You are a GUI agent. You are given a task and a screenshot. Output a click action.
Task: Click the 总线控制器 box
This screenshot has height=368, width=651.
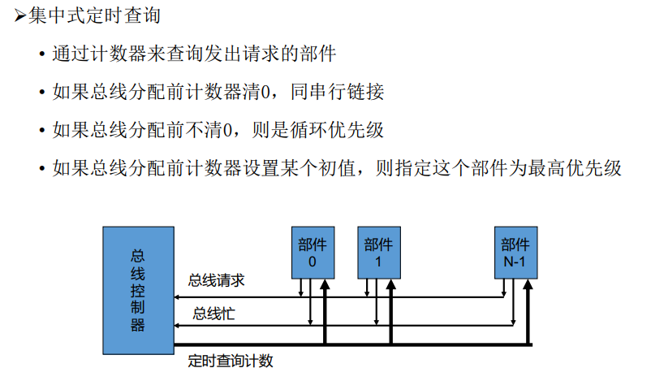(x=138, y=288)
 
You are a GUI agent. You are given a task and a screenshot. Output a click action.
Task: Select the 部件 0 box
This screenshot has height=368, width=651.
(x=313, y=251)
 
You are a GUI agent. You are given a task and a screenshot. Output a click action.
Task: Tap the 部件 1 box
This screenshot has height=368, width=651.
(x=379, y=251)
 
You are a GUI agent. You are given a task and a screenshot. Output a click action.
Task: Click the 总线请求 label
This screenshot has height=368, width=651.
(x=217, y=280)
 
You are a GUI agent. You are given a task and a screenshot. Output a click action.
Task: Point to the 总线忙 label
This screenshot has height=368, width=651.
(x=213, y=313)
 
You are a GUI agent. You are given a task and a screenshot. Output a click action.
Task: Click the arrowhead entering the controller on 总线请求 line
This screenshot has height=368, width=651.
(x=179, y=297)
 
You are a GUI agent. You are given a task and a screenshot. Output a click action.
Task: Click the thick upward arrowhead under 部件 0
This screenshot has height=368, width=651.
(x=325, y=284)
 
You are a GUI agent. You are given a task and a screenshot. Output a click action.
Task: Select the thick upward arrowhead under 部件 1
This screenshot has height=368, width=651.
(x=391, y=284)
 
